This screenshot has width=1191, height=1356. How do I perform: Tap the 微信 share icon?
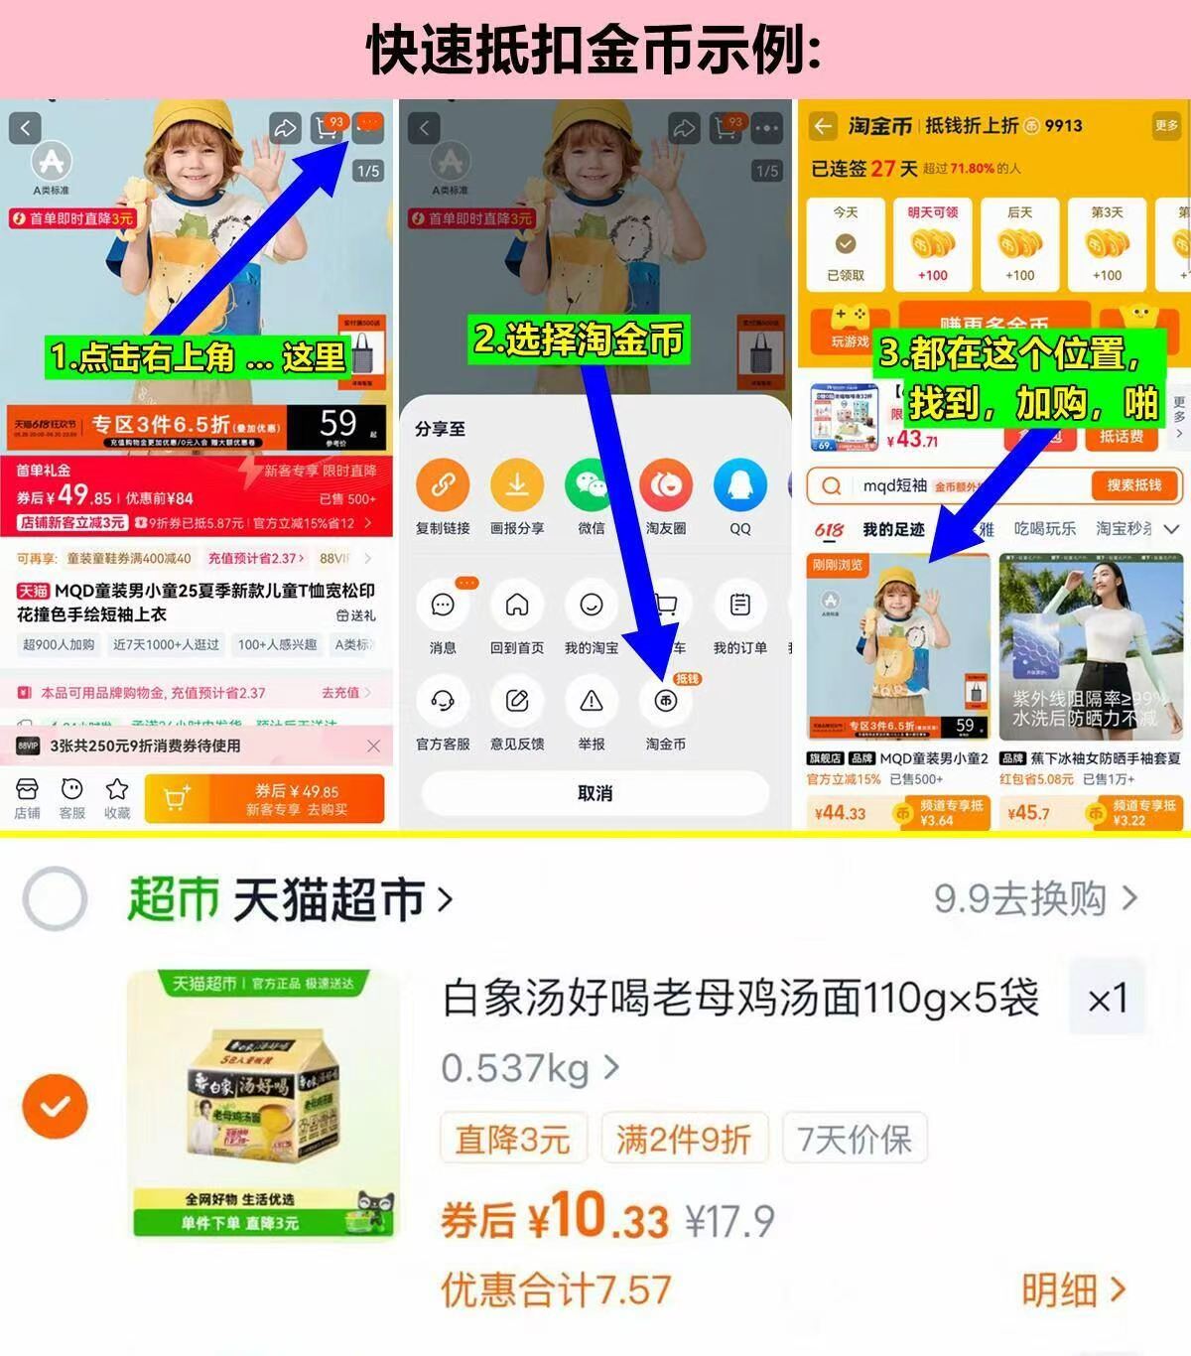point(592,485)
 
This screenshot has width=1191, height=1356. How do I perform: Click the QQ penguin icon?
point(739,485)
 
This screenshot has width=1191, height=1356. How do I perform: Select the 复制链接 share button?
point(443,485)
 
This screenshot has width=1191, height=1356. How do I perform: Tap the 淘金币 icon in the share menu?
point(665,702)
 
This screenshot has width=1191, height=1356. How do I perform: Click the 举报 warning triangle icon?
point(592,702)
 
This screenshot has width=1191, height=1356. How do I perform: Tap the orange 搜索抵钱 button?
point(1133,485)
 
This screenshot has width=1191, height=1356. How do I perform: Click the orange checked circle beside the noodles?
point(56,1106)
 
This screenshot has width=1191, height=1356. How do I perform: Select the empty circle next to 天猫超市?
point(55,899)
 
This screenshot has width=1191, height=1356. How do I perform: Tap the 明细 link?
point(1074,1290)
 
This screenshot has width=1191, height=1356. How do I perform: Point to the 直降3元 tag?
point(512,1139)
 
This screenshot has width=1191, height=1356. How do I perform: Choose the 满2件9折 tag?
point(684,1139)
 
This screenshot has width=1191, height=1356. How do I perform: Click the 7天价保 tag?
point(855,1139)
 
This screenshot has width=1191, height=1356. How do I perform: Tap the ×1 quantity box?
point(1107,999)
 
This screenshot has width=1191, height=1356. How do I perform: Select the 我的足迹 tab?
point(893,529)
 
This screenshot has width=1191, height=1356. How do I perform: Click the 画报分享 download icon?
point(517,485)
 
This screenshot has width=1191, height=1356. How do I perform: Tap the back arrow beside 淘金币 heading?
point(822,126)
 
